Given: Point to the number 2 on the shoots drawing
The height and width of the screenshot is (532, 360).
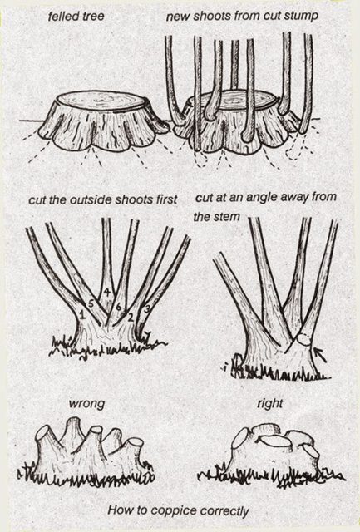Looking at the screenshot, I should pyautogui.click(x=131, y=316).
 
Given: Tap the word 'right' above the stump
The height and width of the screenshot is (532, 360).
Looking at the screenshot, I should pyautogui.click(x=270, y=404).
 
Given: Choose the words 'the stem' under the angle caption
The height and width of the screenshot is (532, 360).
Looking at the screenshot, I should pyautogui.click(x=216, y=218).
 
